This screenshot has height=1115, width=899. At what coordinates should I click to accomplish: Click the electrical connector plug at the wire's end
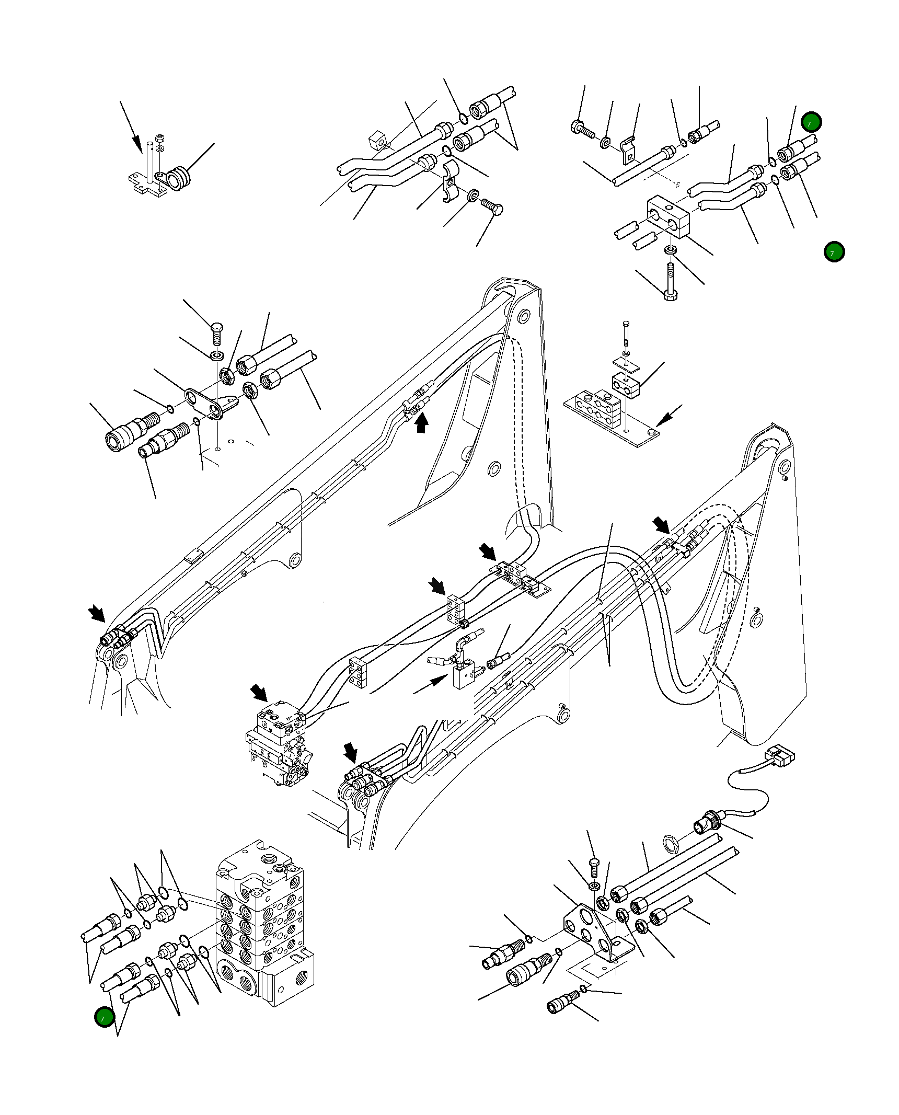[x=780, y=756]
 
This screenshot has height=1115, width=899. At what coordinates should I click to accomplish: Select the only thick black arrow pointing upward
[x=421, y=422]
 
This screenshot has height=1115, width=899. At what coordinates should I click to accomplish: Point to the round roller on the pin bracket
[x=179, y=178]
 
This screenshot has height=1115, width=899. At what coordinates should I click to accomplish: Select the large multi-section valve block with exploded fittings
[x=264, y=922]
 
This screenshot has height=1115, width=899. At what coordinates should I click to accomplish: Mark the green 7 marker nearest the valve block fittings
[x=104, y=1017]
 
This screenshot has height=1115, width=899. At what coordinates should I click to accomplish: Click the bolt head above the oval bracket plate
[x=217, y=329]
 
